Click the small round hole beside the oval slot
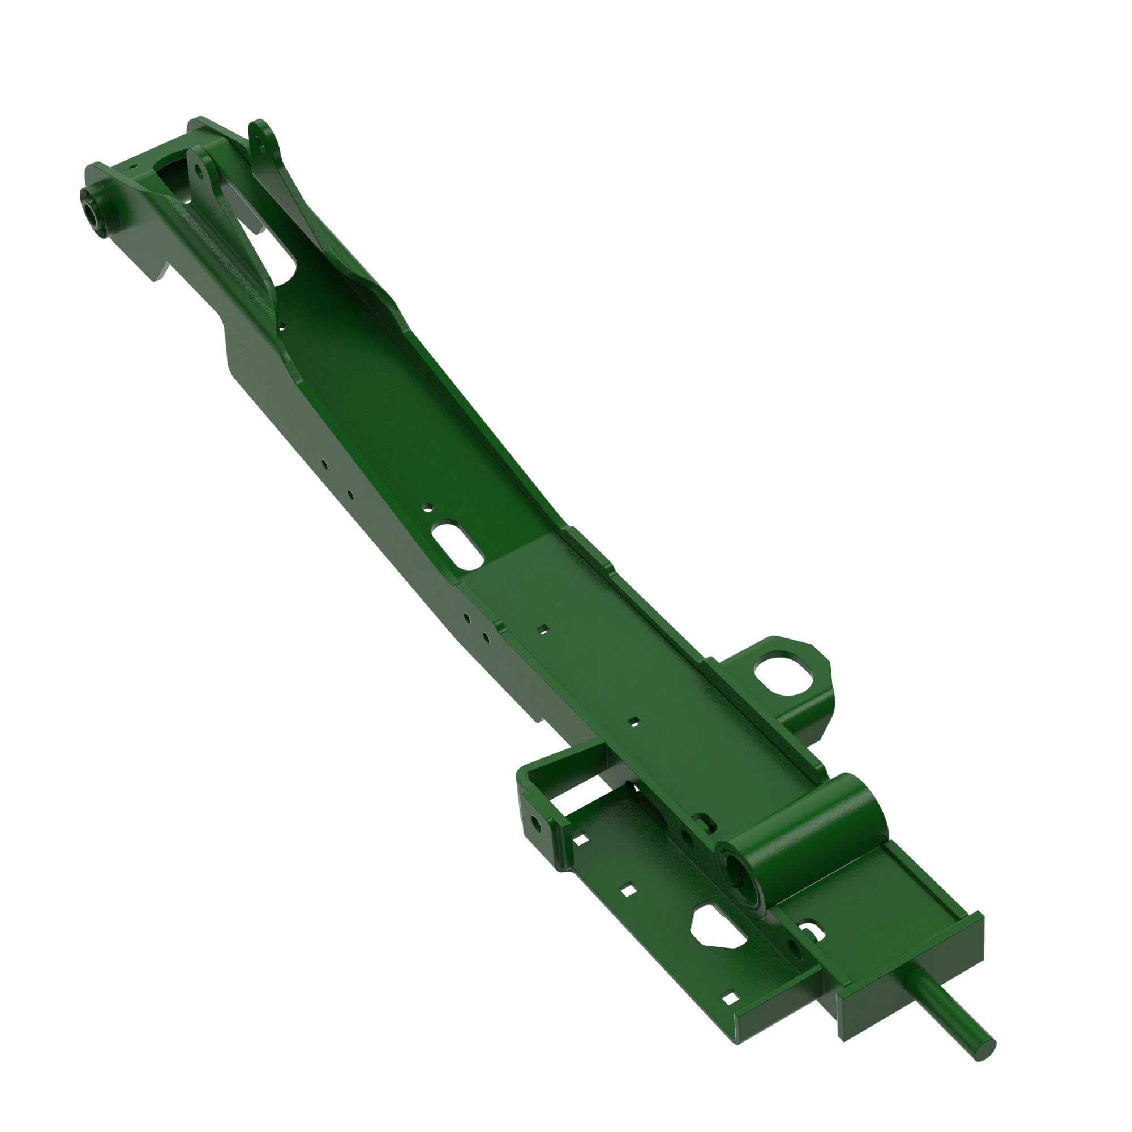pos(427,505)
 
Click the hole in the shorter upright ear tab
pos(200,168)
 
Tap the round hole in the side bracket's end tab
pos(535,823)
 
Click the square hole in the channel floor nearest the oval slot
pos(544,629)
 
